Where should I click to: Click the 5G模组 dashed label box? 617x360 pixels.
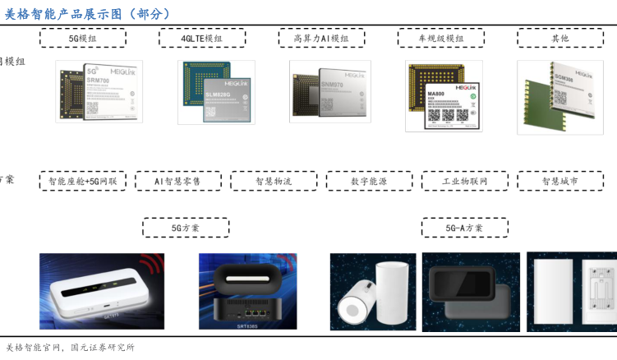coord(83,38)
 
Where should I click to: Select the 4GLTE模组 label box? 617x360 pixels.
coord(201,38)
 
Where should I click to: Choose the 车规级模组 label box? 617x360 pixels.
coord(441,38)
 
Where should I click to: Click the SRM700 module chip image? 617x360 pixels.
coord(99,91)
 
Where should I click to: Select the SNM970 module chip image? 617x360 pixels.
coord(329,91)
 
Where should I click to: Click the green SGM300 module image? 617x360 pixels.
coord(565,95)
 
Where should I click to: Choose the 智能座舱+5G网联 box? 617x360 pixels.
coord(83,181)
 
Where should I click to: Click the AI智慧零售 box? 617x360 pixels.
coord(177,181)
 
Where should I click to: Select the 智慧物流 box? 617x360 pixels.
coord(274,181)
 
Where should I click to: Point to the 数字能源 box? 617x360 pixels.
coord(369,181)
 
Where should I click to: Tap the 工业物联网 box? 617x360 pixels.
coord(465,181)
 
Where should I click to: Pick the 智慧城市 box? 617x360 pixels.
coord(559,181)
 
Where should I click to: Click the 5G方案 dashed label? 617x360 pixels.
coord(186,228)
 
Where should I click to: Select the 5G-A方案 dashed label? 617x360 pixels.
coord(464,228)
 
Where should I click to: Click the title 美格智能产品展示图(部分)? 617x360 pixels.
coord(88,13)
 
